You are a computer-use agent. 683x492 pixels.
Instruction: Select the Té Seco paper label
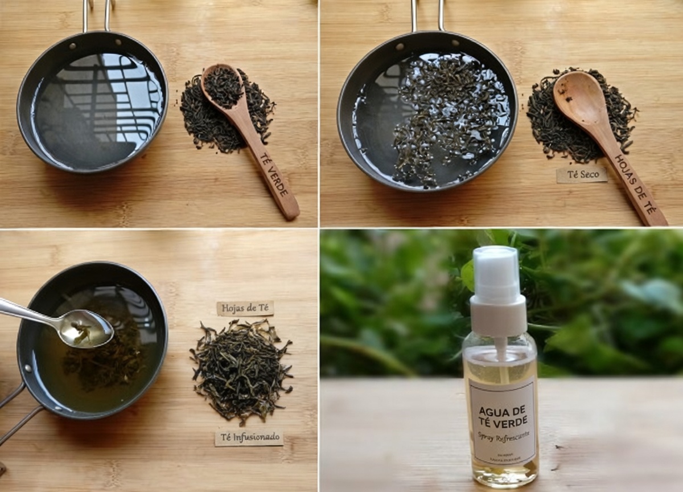(581, 175)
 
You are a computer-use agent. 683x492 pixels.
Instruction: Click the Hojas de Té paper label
(245, 308)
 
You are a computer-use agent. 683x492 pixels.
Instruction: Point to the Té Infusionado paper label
(249, 437)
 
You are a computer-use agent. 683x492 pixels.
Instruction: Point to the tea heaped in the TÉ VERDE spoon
(223, 87)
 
